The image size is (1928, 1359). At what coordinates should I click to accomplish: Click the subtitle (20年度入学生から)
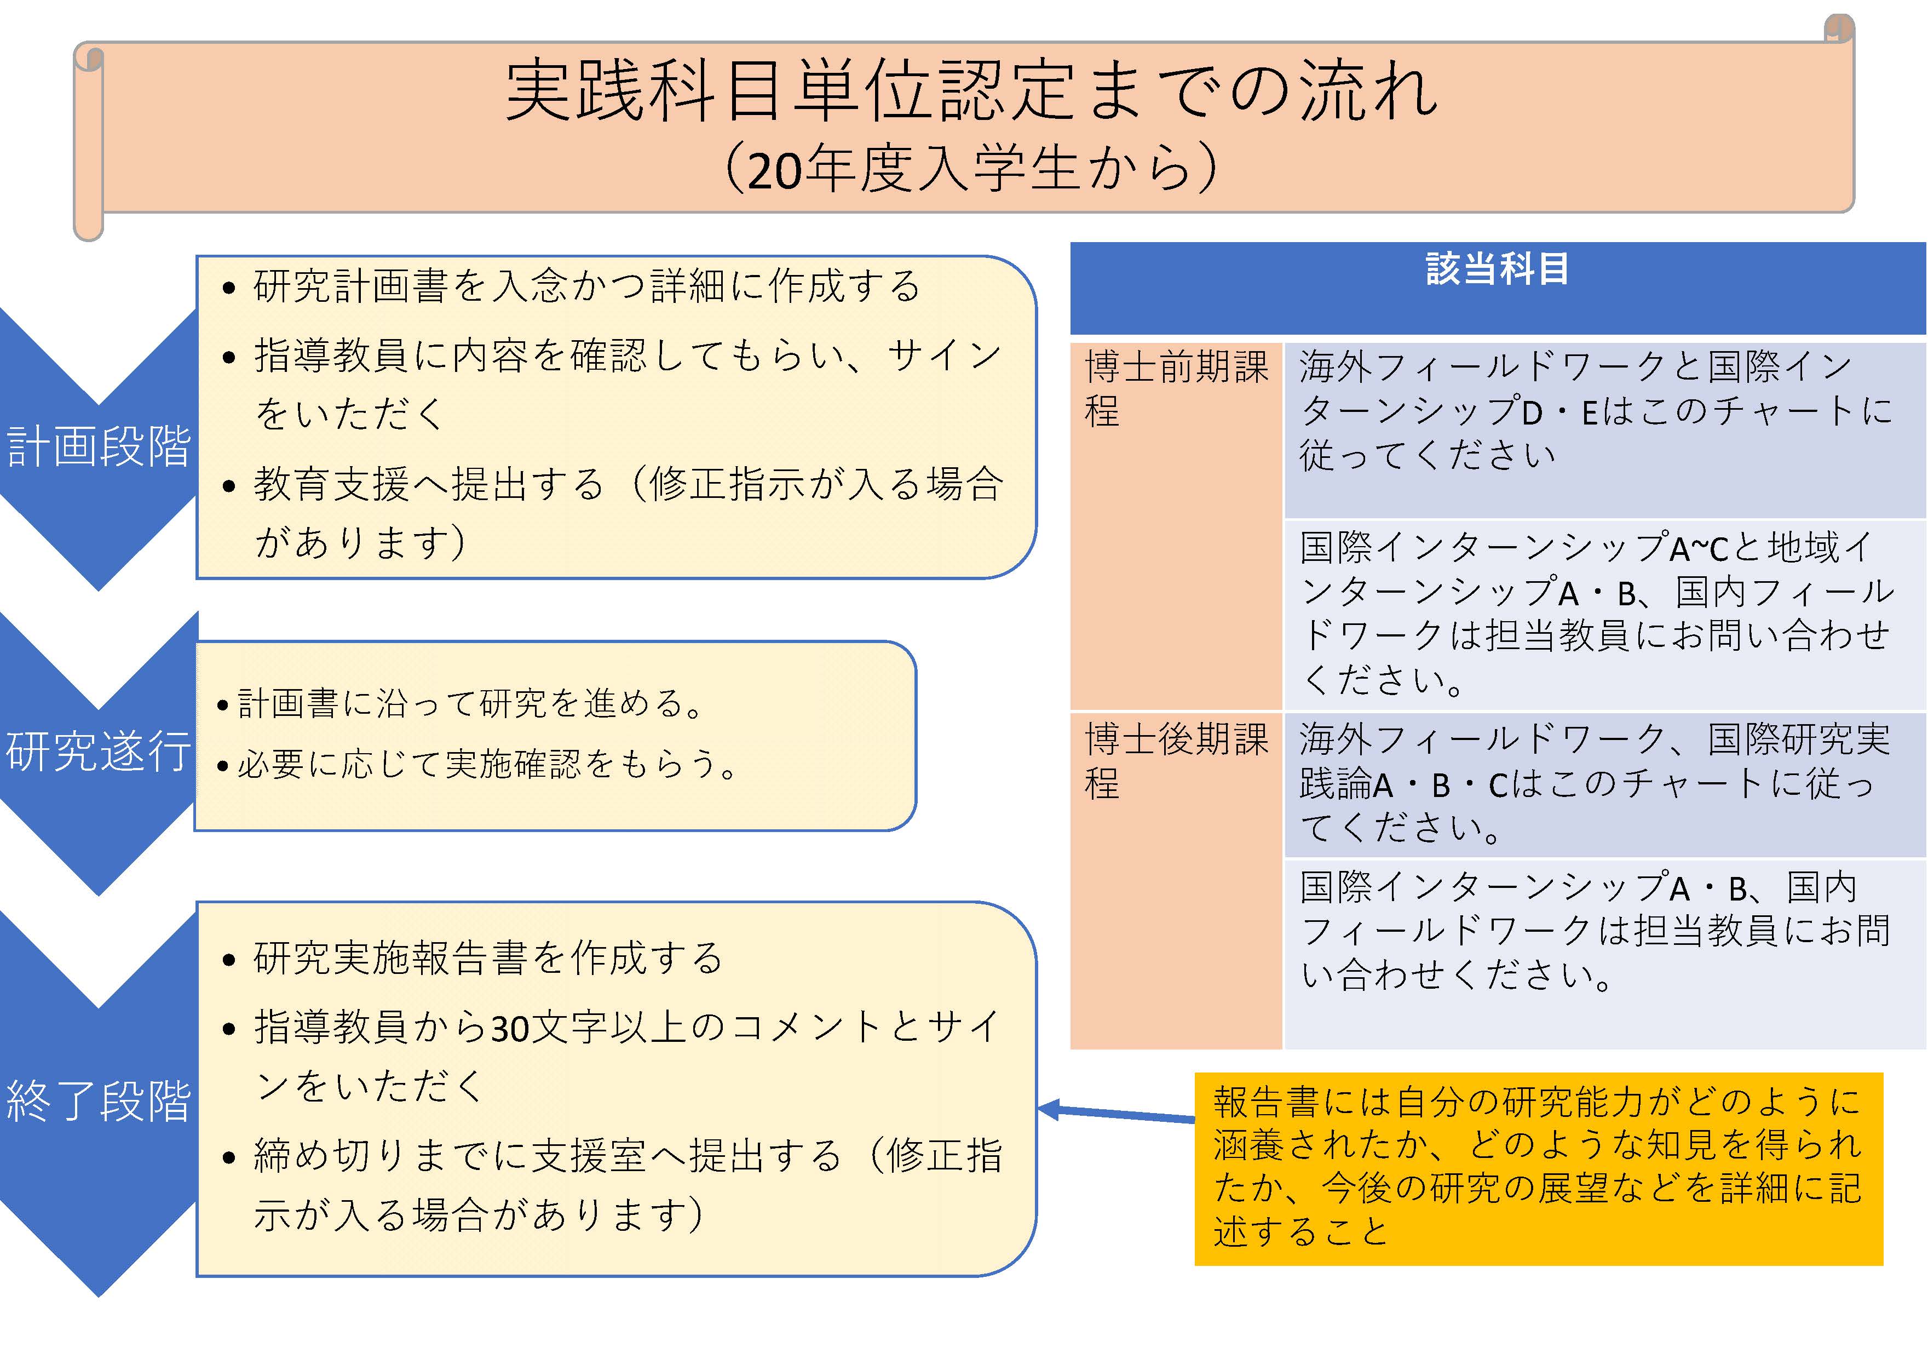coord(971,168)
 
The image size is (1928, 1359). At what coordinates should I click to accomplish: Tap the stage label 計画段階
coord(98,446)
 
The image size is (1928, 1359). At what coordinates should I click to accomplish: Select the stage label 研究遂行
coord(98,750)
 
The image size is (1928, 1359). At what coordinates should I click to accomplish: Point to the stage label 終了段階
coord(98,1100)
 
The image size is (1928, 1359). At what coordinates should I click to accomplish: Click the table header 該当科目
coord(1497,269)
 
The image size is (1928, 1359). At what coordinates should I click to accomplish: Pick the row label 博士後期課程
coord(1176,761)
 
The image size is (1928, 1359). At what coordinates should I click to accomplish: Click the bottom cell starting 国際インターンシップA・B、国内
coord(1596,931)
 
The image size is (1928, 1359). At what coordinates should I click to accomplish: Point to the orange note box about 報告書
coord(1538,1168)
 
